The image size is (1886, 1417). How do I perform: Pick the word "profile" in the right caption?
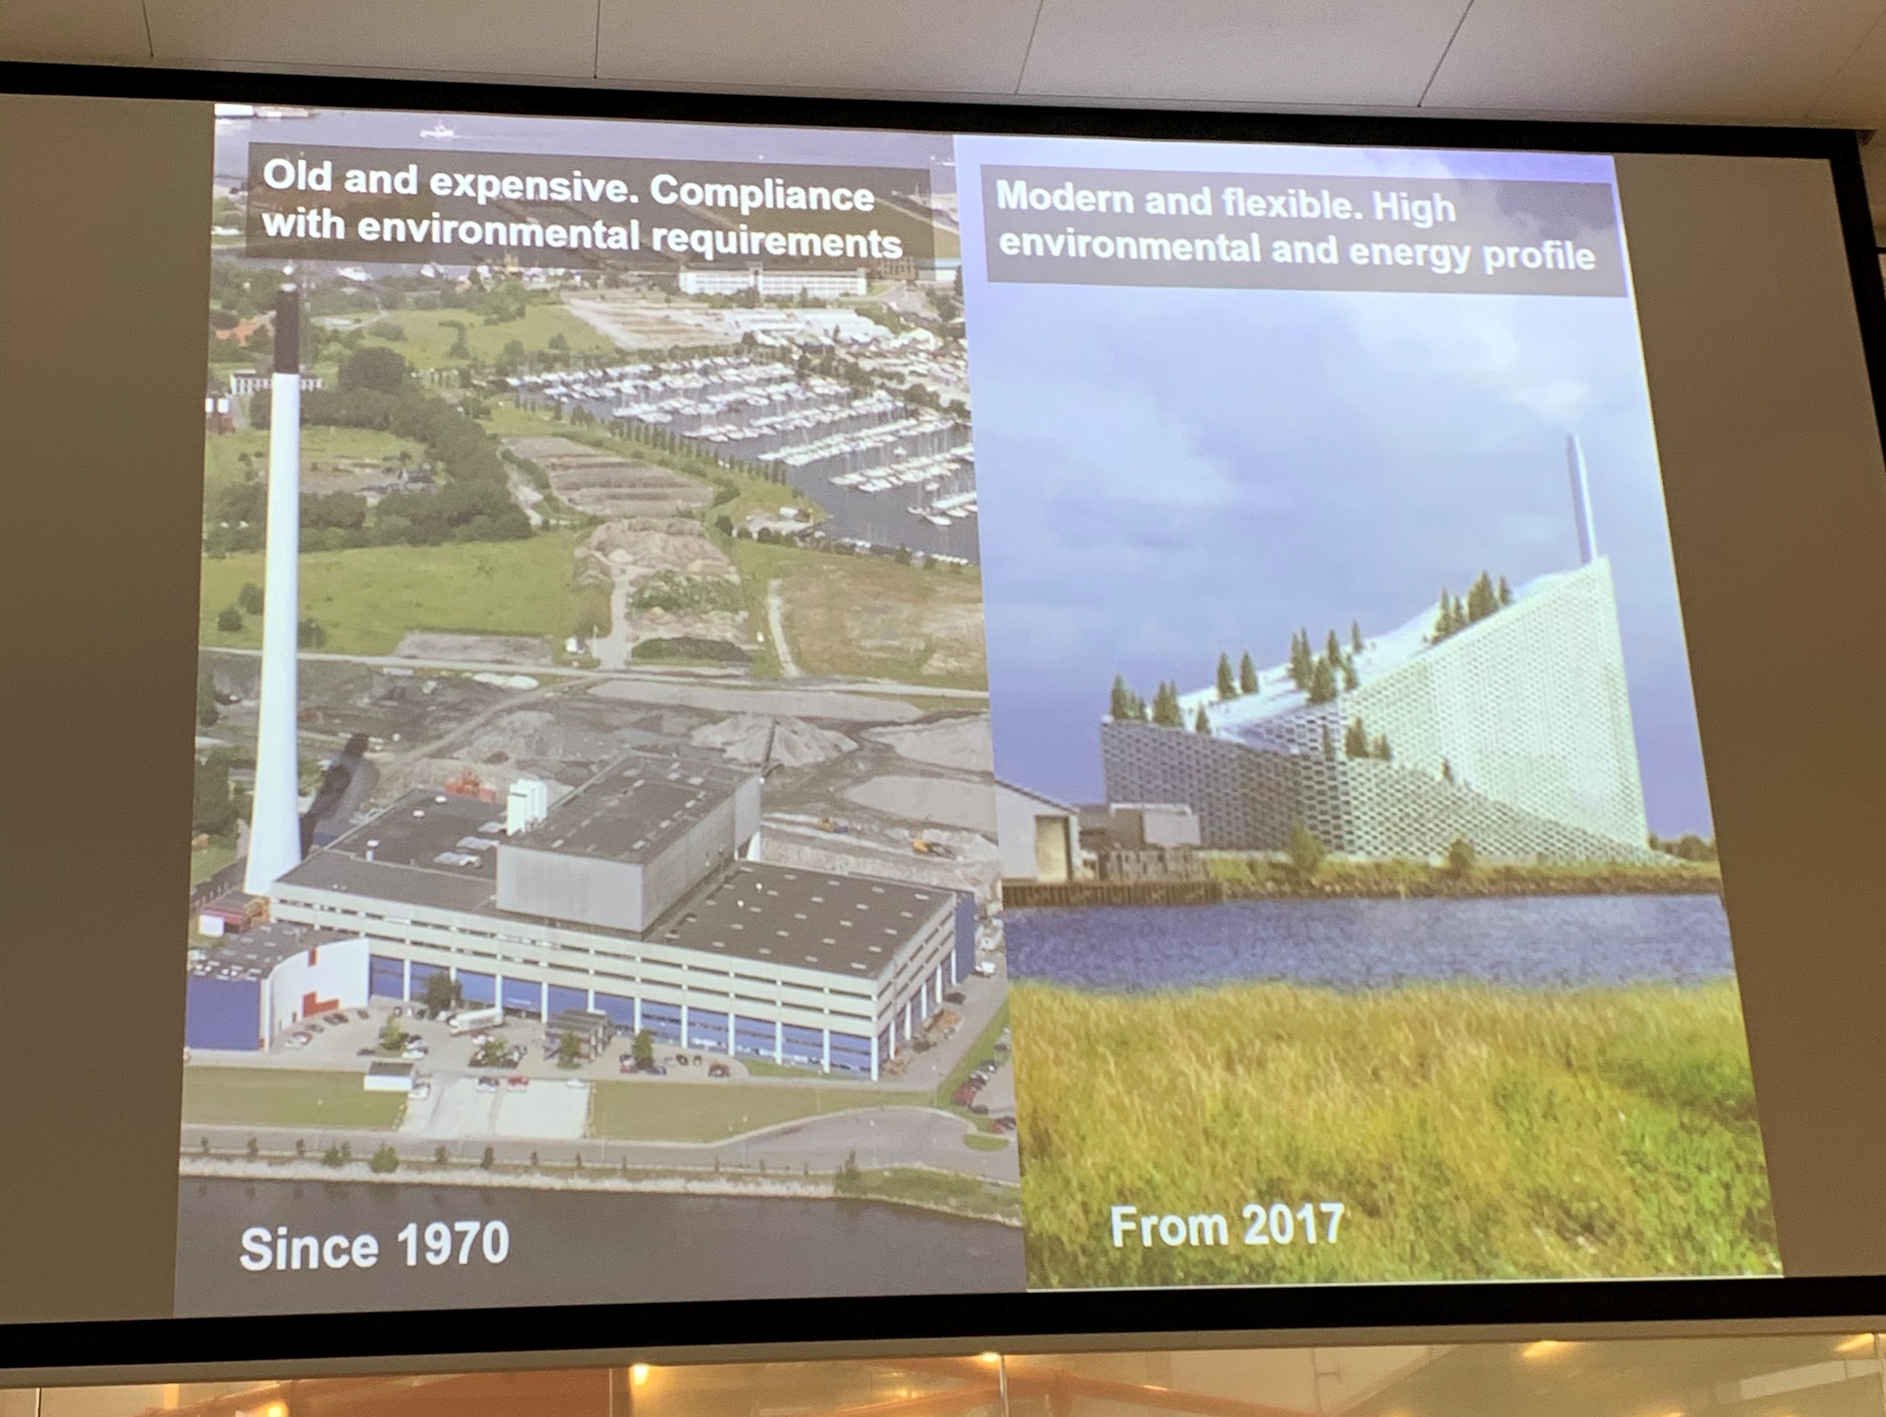pos(1539,255)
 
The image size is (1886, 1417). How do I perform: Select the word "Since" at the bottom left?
pos(309,1248)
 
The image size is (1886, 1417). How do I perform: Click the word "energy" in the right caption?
pos(1410,253)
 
